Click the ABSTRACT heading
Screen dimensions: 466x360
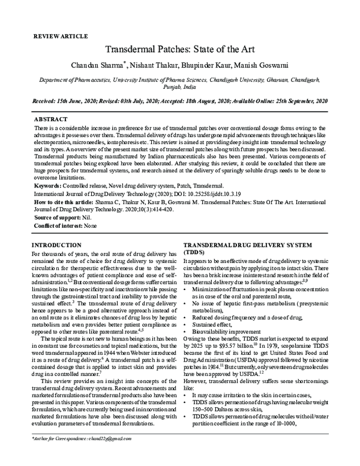(51, 120)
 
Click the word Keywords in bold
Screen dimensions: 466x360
(50, 187)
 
